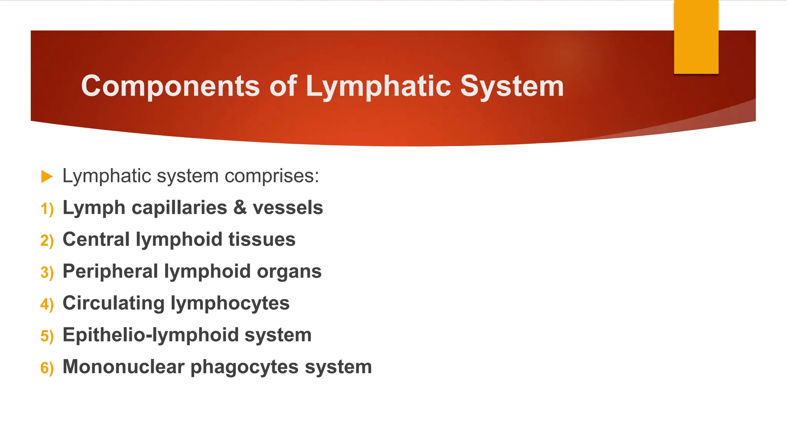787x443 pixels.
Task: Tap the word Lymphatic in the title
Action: tap(378, 86)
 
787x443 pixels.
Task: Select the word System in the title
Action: tap(512, 86)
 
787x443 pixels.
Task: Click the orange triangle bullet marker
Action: tap(46, 177)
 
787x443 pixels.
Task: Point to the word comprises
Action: tap(272, 176)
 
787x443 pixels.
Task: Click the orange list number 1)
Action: tap(47, 209)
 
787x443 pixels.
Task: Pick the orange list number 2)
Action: tap(47, 241)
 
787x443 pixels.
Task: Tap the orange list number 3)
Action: tap(47, 273)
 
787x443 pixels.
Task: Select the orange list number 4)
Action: tap(47, 305)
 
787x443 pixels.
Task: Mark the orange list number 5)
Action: tap(47, 336)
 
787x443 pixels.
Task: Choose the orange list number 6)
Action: tap(47, 368)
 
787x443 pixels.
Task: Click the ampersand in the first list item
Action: tap(240, 208)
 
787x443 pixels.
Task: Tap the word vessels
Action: tap(288, 208)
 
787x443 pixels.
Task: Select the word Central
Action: tap(96, 239)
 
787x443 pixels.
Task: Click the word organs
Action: tap(289, 272)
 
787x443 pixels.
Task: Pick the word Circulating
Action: tap(114, 303)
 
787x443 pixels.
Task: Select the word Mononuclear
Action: tap(123, 366)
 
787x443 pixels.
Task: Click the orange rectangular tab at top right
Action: tap(696, 37)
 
